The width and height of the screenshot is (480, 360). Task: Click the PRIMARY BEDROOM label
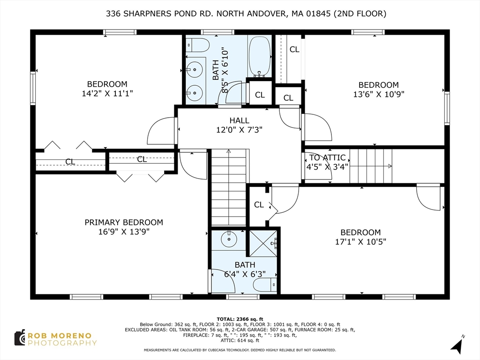[124, 222]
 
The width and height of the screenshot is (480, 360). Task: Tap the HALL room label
[239, 120]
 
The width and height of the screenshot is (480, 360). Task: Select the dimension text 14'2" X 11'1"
[107, 93]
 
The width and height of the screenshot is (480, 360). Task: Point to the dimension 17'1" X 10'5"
[360, 242]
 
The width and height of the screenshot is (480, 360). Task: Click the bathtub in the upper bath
[260, 56]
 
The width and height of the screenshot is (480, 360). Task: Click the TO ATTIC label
[327, 157]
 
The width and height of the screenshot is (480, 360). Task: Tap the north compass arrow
[457, 346]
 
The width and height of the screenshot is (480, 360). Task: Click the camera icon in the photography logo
[19, 338]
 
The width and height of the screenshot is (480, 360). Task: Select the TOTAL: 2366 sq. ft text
[240, 318]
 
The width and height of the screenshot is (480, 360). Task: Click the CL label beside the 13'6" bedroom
[294, 49]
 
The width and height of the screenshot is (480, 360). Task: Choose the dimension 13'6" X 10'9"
[378, 94]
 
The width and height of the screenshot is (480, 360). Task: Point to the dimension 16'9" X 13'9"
[124, 232]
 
